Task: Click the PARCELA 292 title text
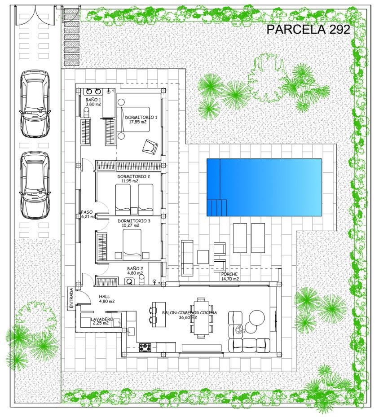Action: coord(308,29)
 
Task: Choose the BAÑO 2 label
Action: coord(135,268)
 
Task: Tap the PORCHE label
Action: coord(229,274)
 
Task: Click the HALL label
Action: coord(104,297)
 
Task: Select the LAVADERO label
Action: coord(102,319)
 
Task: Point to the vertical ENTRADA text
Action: coord(71,298)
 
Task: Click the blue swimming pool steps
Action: coord(217,207)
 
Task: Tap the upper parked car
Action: coord(35,104)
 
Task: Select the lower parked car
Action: coord(35,185)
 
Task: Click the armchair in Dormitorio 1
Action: coord(150,146)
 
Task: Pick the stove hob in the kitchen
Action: coord(145,347)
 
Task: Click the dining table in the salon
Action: coord(201,317)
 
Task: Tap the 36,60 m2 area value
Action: coord(188,317)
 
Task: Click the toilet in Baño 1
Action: coord(86,113)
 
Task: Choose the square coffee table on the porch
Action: coord(203,257)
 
